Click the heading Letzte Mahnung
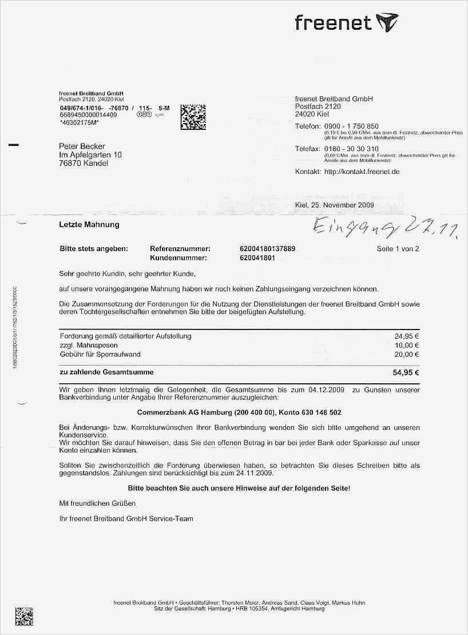(89, 225)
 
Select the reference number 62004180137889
(268, 249)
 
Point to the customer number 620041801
(257, 258)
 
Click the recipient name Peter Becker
(82, 146)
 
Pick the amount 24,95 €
(407, 336)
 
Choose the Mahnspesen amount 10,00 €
(407, 346)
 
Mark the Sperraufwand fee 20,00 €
(407, 354)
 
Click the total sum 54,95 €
(406, 372)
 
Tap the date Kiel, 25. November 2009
(334, 205)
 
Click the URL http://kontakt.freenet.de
(362, 172)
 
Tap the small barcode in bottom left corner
(23, 616)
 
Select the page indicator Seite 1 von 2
(398, 249)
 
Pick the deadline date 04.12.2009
(326, 390)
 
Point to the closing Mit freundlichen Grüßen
(98, 503)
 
